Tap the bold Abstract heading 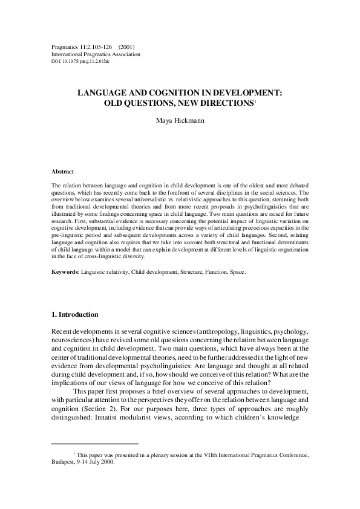pyautogui.click(x=63, y=172)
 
